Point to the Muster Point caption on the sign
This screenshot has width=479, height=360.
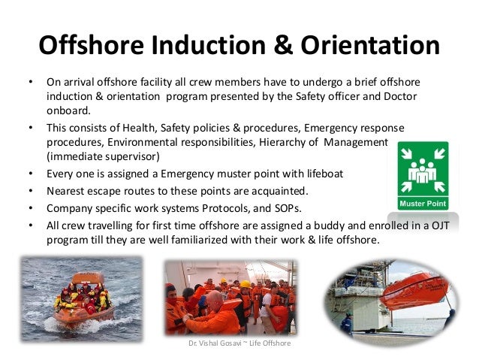pos(423,203)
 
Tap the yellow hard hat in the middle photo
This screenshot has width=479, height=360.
pos(245,284)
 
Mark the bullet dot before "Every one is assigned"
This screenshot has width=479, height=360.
pos(30,174)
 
